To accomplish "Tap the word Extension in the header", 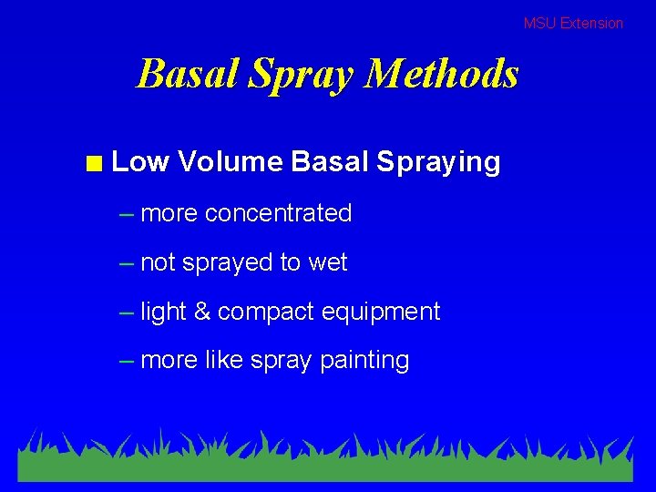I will click(591, 23).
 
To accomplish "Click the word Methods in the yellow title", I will click(441, 74).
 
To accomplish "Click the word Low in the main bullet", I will click(140, 162).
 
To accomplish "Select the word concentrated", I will click(278, 213).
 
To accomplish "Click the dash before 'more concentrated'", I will click(127, 214).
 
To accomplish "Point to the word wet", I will click(328, 262).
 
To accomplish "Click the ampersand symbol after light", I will click(201, 312).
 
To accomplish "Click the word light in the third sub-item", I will click(163, 313).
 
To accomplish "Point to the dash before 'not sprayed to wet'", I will click(127, 263).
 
